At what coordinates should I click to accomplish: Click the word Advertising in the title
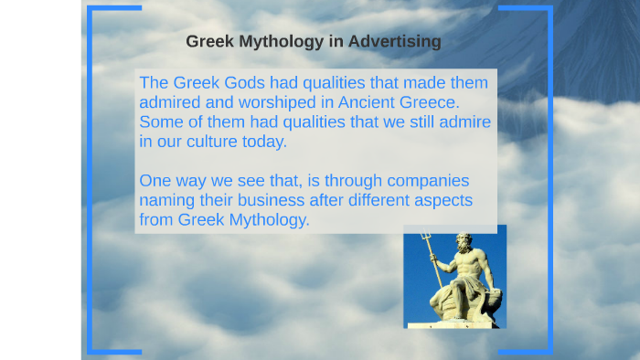[395, 41]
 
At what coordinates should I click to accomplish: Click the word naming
[166, 201]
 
